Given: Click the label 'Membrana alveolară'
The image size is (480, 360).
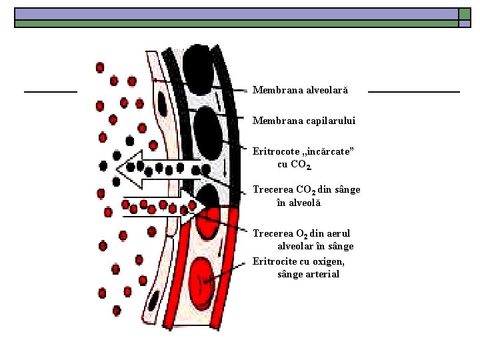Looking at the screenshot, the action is [x=300, y=89].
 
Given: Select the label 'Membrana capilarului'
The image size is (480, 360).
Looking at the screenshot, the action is [x=304, y=121].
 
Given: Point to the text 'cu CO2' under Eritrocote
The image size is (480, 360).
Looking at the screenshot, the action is [x=294, y=165].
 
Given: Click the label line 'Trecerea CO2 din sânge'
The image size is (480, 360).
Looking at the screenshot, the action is [x=306, y=190].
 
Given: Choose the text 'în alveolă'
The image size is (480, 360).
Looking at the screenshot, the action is [x=298, y=203].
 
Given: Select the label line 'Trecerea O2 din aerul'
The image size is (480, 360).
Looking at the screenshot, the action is [x=301, y=233].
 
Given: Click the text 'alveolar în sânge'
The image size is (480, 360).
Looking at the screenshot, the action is [x=315, y=246].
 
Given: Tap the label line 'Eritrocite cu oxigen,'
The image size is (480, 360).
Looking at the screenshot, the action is [x=299, y=261].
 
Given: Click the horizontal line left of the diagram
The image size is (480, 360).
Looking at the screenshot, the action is [x=51, y=91].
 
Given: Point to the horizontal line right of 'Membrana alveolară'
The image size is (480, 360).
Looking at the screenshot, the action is [x=413, y=91].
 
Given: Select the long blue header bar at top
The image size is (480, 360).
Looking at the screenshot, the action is [x=236, y=13].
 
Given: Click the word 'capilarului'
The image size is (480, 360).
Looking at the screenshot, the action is [x=332, y=121].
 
